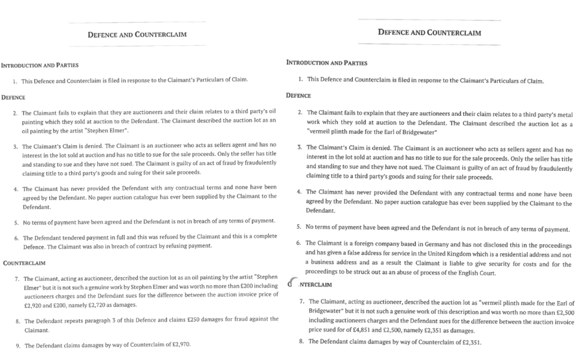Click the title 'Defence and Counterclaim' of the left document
[x=137, y=35]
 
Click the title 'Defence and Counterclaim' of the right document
[x=429, y=33]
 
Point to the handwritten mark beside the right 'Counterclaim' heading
[x=292, y=282]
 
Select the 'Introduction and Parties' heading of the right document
[x=327, y=62]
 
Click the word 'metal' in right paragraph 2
[x=564, y=112]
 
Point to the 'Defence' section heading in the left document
[x=13, y=97]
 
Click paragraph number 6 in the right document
[x=299, y=243]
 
